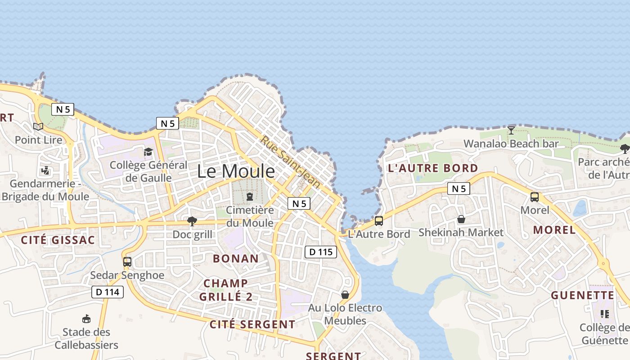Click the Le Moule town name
pyautogui.click(x=236, y=171)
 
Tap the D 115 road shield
pyautogui.click(x=321, y=252)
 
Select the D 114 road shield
pyautogui.click(x=108, y=292)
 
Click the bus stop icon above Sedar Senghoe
pyautogui.click(x=127, y=261)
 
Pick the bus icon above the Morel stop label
pyautogui.click(x=535, y=197)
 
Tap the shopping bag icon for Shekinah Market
pyautogui.click(x=461, y=220)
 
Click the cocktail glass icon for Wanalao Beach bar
pyautogui.click(x=511, y=130)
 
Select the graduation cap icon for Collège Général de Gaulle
pyautogui.click(x=148, y=152)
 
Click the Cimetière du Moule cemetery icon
pyautogui.click(x=250, y=197)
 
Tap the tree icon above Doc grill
pyautogui.click(x=192, y=221)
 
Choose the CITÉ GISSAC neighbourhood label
pyautogui.click(x=58, y=240)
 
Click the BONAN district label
pyautogui.click(x=236, y=258)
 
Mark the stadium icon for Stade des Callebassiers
pyautogui.click(x=86, y=319)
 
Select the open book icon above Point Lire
pyautogui.click(x=38, y=126)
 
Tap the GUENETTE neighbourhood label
pyautogui.click(x=583, y=295)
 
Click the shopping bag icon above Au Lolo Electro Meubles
pyautogui.click(x=345, y=295)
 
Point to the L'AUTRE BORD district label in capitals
pyautogui.click(x=433, y=168)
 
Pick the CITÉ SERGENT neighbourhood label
pyautogui.click(x=252, y=324)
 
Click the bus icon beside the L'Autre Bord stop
pyautogui.click(x=379, y=221)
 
